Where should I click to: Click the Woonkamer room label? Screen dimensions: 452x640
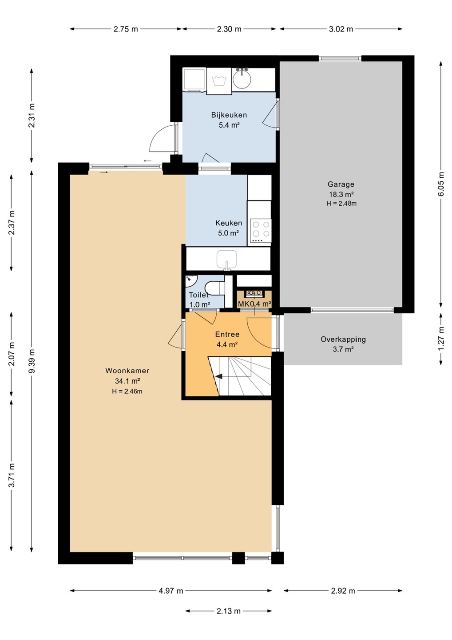tap(127, 371)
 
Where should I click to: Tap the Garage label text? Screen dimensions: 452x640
tap(341, 184)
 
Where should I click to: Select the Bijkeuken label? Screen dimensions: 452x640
tap(229, 115)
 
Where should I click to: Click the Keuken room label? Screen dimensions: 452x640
tap(229, 223)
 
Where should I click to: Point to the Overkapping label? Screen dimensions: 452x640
tap(343, 340)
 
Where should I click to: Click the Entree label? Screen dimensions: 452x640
tap(227, 334)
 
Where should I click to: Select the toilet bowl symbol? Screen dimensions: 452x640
tap(214, 288)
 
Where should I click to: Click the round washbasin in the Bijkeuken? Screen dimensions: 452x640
tap(242, 78)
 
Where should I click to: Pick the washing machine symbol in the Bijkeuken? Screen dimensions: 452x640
tap(219, 81)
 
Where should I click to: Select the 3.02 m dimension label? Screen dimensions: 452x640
tap(341, 29)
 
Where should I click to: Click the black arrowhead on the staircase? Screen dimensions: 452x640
tap(219, 376)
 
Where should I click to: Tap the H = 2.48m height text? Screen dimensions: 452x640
tap(341, 204)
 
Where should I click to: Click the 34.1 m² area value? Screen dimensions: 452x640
tap(127, 381)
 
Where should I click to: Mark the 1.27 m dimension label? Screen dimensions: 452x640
tap(441, 338)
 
